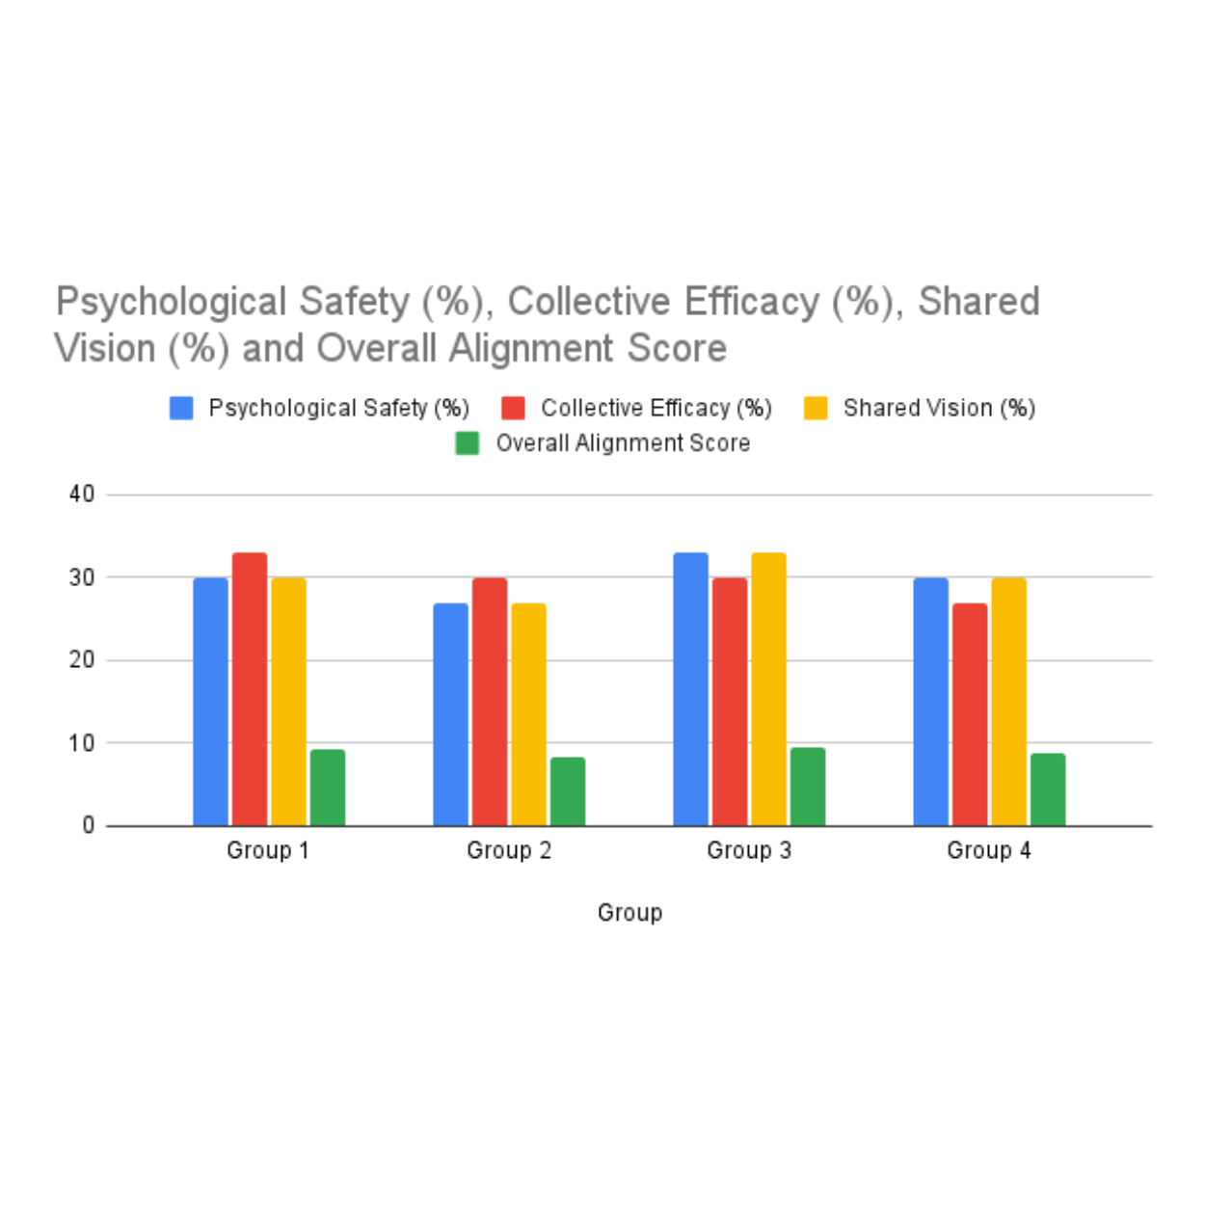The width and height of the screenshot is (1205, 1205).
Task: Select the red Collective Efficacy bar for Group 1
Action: coord(250,689)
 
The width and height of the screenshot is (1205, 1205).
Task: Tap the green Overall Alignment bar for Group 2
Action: coord(567,791)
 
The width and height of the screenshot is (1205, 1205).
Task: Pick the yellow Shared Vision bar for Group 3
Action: coord(768,689)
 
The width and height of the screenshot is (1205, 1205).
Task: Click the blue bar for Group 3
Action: coord(690,689)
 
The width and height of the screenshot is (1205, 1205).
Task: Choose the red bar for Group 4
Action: coord(970,714)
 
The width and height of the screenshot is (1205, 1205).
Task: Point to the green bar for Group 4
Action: coord(1048,790)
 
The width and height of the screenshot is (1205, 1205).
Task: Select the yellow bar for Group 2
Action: coord(528,714)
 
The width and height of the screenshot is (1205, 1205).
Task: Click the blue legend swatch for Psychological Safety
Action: coord(181,408)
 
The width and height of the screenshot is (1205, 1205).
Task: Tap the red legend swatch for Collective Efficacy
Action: coord(513,408)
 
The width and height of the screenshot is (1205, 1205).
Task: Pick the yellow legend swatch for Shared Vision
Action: coord(816,408)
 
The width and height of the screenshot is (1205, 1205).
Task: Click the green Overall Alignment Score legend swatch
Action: coord(467,443)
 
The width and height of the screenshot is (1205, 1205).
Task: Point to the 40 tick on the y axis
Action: coord(82,495)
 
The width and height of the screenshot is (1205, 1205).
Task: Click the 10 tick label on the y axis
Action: coord(82,743)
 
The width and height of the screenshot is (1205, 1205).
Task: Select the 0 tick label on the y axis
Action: coord(89,826)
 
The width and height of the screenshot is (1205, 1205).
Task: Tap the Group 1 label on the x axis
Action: coord(268,850)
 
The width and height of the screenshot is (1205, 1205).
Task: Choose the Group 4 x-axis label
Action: coord(988,850)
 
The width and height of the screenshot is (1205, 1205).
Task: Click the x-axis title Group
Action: coord(629,912)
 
